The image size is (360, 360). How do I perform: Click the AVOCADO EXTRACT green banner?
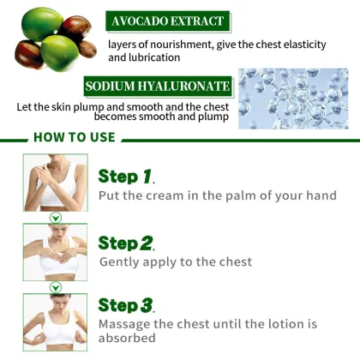tap(166, 21)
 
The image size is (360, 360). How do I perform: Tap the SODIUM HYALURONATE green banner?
tap(158, 87)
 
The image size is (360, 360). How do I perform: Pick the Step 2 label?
tap(125, 243)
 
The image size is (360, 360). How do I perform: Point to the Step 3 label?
tap(125, 305)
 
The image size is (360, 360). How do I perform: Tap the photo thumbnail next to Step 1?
tap(55, 183)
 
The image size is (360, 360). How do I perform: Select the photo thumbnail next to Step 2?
tap(55, 251)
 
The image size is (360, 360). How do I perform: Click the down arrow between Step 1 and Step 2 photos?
tap(55, 218)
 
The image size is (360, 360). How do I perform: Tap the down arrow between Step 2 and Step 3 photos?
tap(55, 286)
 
